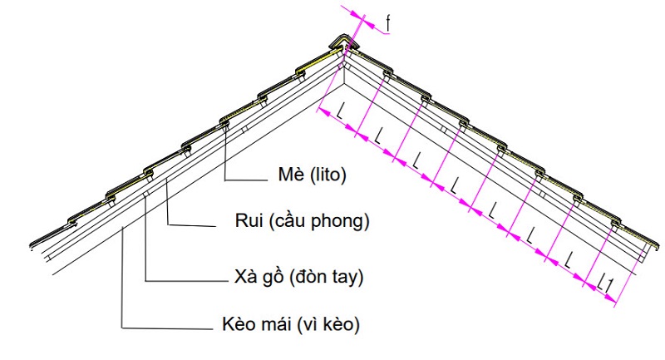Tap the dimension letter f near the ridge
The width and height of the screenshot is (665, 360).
(390, 23)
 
